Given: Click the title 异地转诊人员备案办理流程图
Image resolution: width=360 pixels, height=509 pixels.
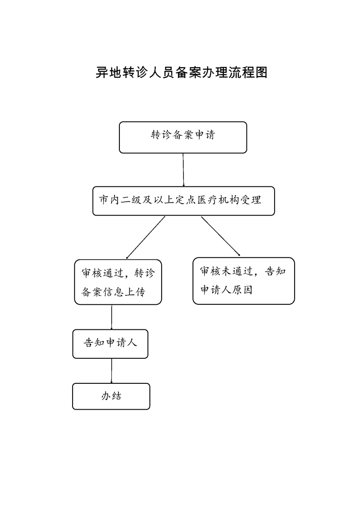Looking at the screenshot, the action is (x=181, y=72).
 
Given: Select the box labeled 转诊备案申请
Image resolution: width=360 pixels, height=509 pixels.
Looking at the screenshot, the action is (x=183, y=137).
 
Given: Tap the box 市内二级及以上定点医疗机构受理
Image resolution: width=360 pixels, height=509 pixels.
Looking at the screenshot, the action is (x=183, y=201).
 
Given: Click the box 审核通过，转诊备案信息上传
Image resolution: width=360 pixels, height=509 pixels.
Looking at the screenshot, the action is (x=118, y=282).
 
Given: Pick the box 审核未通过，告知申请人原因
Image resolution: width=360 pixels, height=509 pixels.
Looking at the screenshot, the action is (x=244, y=281).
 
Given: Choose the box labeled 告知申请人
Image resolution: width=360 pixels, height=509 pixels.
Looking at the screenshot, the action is (x=110, y=344).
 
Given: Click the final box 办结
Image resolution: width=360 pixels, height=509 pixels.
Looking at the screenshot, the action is (x=111, y=396).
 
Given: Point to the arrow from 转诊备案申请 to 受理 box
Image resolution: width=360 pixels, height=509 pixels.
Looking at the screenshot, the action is (x=183, y=170).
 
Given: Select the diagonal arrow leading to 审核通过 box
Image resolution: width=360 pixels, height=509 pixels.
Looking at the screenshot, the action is (x=146, y=238).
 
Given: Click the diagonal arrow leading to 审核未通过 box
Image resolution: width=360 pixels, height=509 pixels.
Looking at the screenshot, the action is (x=221, y=236).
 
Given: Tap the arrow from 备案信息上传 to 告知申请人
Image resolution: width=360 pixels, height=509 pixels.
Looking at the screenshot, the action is (x=111, y=317).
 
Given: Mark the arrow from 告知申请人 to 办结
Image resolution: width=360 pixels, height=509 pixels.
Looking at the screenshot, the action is (x=111, y=371).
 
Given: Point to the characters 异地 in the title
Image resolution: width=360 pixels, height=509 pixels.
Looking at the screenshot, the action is (x=108, y=72).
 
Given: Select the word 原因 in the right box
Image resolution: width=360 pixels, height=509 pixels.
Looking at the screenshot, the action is (x=242, y=290).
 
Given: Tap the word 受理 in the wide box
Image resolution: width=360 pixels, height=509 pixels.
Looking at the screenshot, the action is (x=250, y=200).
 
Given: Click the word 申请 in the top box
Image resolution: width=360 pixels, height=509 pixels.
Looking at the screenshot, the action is (x=205, y=135).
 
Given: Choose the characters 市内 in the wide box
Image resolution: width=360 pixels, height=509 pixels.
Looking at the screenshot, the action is (x=109, y=200).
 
